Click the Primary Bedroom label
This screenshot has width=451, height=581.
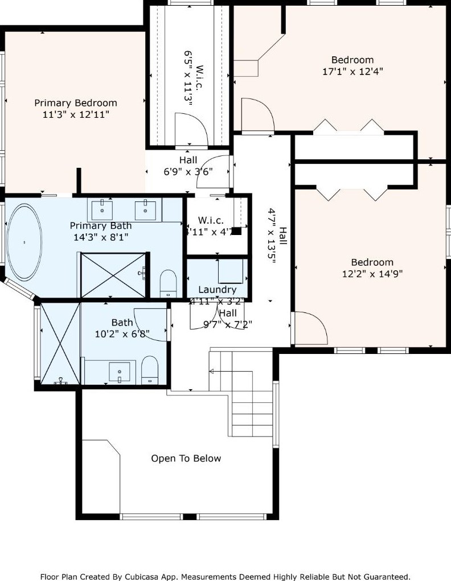coord(76,103)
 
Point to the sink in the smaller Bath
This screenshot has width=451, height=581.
coord(120,372)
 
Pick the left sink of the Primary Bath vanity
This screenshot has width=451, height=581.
coord(103,209)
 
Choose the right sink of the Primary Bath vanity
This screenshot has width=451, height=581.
coord(146,209)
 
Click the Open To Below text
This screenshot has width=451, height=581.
coord(186,459)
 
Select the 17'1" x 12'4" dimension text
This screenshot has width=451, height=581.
coord(352,72)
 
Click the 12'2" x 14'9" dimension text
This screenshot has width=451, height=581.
coord(372,273)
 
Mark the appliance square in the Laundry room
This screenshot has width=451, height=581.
coord(231,271)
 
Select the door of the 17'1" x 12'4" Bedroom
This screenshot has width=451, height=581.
coord(257,114)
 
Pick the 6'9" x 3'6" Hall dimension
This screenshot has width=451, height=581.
coord(188,171)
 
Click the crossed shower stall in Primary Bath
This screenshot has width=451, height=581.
coord(113,275)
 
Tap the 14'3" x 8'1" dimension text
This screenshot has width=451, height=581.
coord(101,237)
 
